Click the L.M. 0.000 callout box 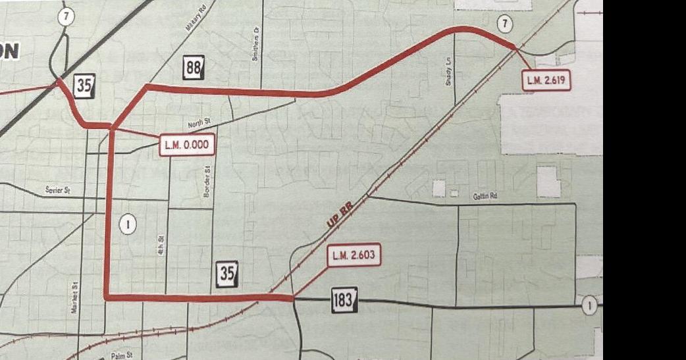coord(188,145)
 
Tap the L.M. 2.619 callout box coord(545,81)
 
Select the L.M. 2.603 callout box coord(354,255)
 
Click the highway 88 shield coord(194,67)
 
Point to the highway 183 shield coord(344,300)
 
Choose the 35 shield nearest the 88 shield coord(85,86)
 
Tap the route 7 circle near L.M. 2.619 coord(505,25)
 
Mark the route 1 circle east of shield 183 coord(591,306)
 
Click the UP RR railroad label coord(340,215)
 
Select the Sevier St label coord(57,190)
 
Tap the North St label coord(198,123)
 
